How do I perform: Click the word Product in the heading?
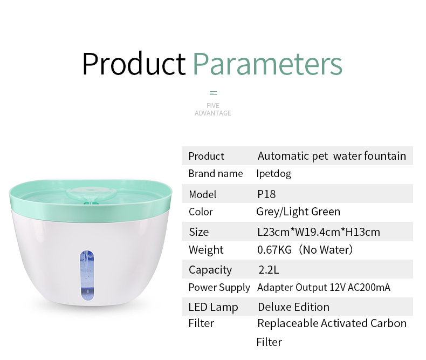[134, 64]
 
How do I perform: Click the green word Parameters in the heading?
[267, 64]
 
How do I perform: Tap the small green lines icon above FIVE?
[214, 93]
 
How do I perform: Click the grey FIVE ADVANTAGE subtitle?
[212, 110]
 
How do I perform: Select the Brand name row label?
[216, 173]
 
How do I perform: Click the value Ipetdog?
[273, 174]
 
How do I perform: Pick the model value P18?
[266, 194]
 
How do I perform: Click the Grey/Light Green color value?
[298, 212]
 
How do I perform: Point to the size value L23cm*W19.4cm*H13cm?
[318, 232]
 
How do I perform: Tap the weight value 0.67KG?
[274, 249]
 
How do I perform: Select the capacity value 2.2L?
[269, 270]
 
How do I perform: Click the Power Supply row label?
[219, 288]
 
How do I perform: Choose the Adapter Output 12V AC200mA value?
[324, 287]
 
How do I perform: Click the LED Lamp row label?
[214, 307]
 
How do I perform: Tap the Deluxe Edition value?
[294, 307]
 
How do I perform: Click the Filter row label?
[201, 323]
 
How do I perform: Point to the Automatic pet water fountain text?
[332, 156]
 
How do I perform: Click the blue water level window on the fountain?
[87, 275]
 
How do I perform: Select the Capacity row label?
[210, 270]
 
